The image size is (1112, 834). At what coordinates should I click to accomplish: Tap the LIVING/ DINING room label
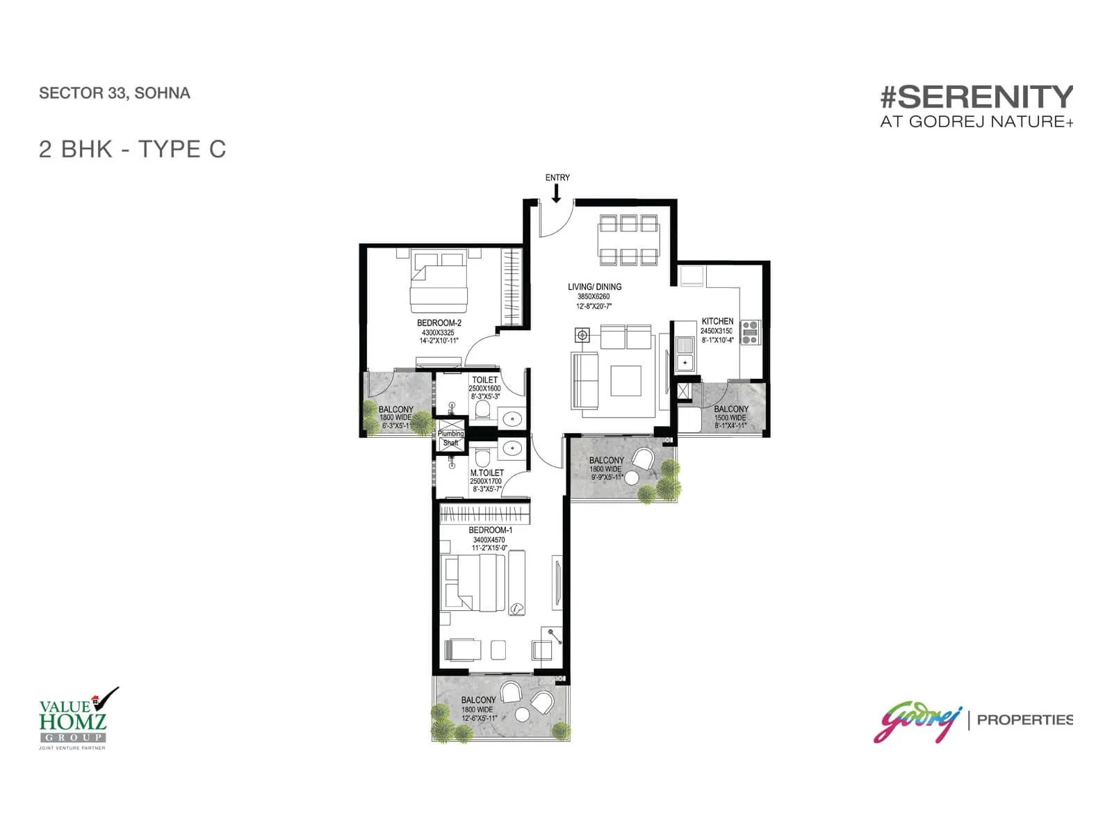point(594,287)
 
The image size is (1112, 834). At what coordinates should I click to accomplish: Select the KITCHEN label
point(717,321)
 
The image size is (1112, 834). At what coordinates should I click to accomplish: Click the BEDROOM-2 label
point(439,323)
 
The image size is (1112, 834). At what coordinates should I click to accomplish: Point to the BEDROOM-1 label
point(490,530)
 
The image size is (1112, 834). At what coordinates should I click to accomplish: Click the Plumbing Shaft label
point(450,438)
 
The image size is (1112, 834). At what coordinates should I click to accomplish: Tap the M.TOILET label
point(486,473)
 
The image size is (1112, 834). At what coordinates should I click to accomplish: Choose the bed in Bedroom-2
point(438,283)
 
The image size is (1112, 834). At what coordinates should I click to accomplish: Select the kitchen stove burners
point(750,333)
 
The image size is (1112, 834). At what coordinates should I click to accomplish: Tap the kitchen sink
point(685,353)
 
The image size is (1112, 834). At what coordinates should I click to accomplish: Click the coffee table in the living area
point(626,380)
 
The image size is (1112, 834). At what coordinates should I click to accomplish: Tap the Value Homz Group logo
point(72,719)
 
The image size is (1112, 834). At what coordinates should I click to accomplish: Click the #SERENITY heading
point(976,97)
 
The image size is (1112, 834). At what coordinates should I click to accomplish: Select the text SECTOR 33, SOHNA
point(115,93)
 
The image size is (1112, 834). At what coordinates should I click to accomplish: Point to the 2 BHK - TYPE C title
point(133,149)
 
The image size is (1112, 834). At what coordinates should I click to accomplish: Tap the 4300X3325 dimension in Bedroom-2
point(438,332)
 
